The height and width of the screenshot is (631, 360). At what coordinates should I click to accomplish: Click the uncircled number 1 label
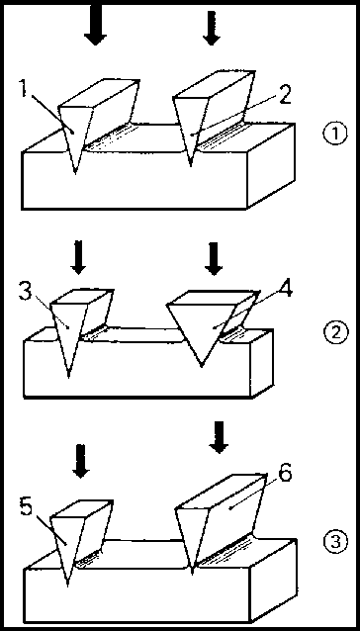coord(24,89)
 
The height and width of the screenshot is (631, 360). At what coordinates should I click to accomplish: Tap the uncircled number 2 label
coord(284,96)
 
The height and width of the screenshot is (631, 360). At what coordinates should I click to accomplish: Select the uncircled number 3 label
coord(26,293)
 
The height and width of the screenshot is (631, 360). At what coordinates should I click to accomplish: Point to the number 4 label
coord(285,288)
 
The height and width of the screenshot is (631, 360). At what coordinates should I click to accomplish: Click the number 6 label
coord(285,475)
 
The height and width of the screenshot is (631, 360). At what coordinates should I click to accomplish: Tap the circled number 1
coord(335,134)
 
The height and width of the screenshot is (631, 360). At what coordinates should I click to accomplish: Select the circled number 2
coord(334,332)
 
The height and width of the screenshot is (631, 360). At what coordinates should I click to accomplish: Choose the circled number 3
coord(334,542)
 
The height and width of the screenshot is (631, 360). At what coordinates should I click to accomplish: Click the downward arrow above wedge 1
coord(95,24)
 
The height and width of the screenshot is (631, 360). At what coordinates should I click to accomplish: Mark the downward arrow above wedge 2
coord(212,28)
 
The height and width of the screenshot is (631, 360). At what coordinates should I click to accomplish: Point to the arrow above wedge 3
coord(78,257)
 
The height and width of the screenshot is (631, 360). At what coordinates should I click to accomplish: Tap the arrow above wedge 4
coord(214,259)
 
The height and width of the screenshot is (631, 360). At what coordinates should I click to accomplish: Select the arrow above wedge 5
coord(81,461)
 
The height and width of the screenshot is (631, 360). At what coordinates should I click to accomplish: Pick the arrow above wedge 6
coord(219,437)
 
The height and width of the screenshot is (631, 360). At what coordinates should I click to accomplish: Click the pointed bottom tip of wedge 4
coord(202,366)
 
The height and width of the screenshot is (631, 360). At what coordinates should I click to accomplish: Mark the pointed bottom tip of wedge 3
coord(69,376)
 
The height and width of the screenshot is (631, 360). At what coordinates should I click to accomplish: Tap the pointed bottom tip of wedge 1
coord(75,173)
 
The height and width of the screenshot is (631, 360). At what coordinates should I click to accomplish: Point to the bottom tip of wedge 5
coord(67,586)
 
